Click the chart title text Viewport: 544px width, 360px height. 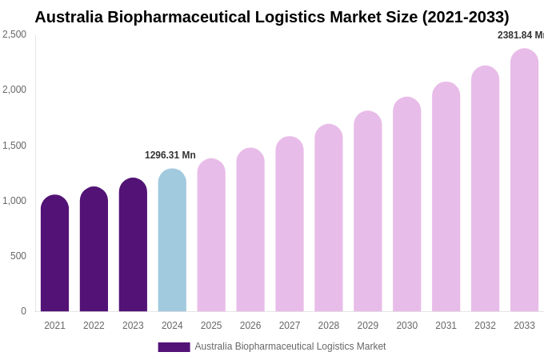click(x=271, y=17)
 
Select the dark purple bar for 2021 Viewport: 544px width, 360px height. click(x=54, y=254)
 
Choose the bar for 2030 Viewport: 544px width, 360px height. click(x=406, y=205)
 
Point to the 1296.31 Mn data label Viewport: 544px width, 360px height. click(x=170, y=155)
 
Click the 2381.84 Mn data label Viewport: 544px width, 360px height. click(x=520, y=35)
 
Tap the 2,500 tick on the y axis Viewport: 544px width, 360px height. click(x=14, y=34)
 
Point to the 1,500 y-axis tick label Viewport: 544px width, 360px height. click(x=14, y=146)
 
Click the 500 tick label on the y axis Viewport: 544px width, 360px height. click(x=18, y=256)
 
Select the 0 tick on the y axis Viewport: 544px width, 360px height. click(x=23, y=311)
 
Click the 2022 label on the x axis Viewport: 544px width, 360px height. click(x=94, y=326)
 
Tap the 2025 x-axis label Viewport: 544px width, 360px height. click(x=211, y=326)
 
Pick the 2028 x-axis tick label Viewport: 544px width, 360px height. click(x=329, y=326)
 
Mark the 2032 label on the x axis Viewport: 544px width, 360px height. click(x=485, y=326)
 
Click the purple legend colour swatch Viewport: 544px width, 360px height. click(x=174, y=347)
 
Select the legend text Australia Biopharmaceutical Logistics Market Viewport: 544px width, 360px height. click(x=290, y=346)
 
